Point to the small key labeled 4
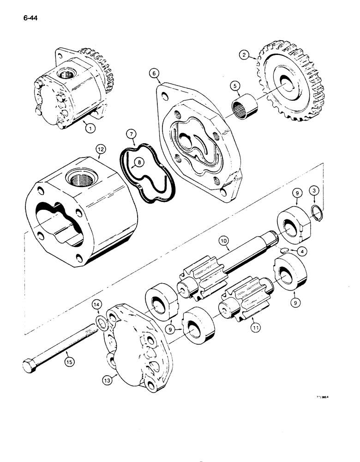coord(283,250)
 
